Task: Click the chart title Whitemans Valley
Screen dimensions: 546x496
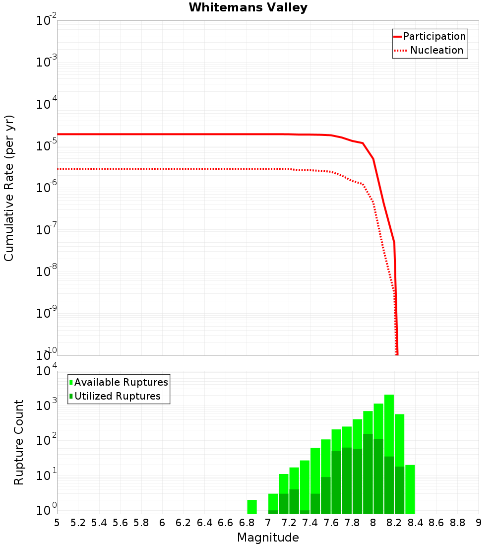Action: point(248,8)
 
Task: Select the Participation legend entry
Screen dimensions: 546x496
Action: point(430,36)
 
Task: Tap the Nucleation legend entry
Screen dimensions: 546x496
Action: point(430,50)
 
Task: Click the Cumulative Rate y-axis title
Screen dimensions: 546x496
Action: point(9,188)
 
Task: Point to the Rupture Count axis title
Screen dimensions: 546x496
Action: point(19,442)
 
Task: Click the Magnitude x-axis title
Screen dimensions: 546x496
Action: point(268,538)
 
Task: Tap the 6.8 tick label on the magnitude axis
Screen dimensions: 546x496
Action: point(247,523)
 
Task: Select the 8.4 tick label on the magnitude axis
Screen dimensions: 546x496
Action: point(416,523)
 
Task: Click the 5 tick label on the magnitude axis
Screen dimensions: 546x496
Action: point(57,523)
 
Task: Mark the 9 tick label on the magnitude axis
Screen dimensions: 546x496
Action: point(479,523)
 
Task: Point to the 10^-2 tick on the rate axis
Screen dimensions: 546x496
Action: point(47,21)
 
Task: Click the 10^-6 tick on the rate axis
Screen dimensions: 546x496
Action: point(47,188)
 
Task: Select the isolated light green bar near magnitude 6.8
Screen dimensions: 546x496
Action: point(252,506)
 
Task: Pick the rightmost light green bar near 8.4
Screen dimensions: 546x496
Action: point(410,489)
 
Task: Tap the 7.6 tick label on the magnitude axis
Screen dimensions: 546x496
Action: point(331,523)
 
